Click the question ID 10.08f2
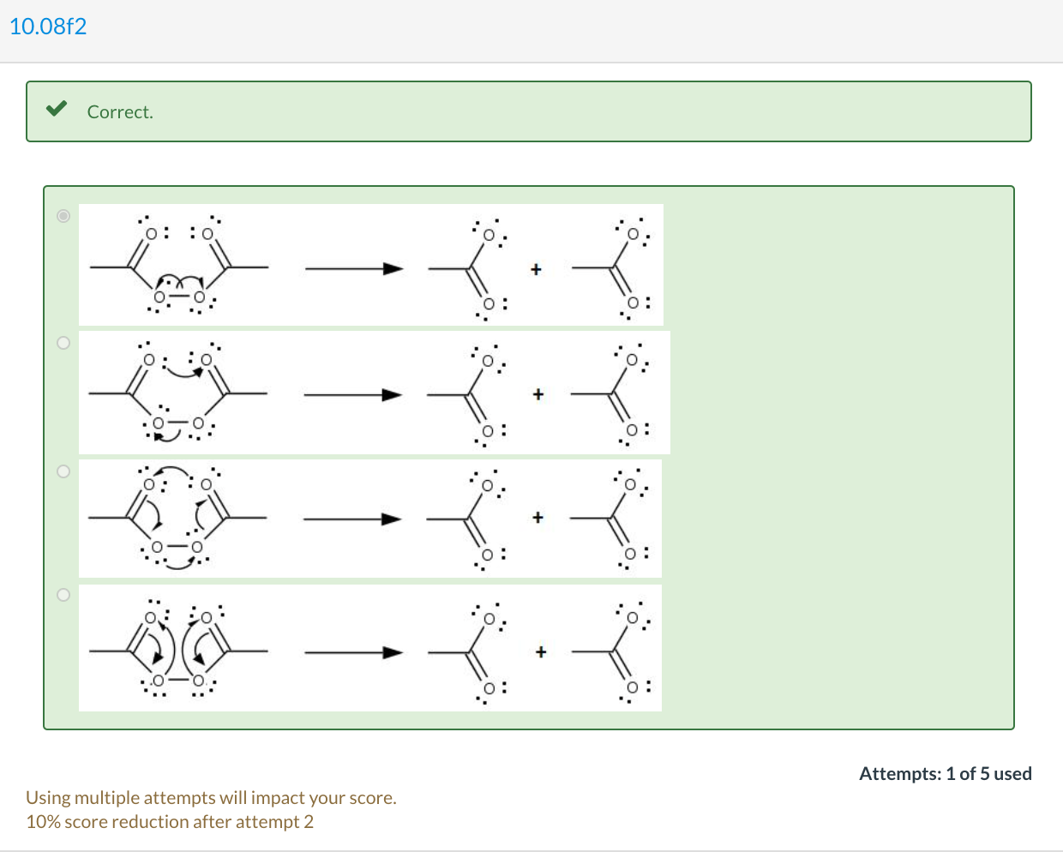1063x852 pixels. (48, 27)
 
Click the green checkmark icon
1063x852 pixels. (57, 109)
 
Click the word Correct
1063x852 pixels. (120, 112)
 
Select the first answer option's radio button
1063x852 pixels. (63, 216)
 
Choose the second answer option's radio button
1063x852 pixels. (63, 343)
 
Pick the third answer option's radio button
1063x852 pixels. (63, 471)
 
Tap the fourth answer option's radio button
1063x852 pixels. (63, 595)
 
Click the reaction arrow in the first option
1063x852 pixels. (353, 269)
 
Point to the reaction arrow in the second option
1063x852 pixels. (352, 395)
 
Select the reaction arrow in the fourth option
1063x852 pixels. (353, 653)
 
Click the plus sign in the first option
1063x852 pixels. (536, 269)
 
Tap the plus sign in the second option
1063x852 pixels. (538, 394)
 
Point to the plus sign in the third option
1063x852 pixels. (538, 518)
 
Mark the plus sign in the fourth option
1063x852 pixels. (540, 652)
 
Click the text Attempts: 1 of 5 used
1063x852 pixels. (945, 774)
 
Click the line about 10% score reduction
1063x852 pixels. (170, 822)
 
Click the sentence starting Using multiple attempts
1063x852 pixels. (211, 798)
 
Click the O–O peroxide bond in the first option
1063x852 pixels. (179, 297)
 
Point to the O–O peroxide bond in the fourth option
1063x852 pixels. (178, 681)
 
